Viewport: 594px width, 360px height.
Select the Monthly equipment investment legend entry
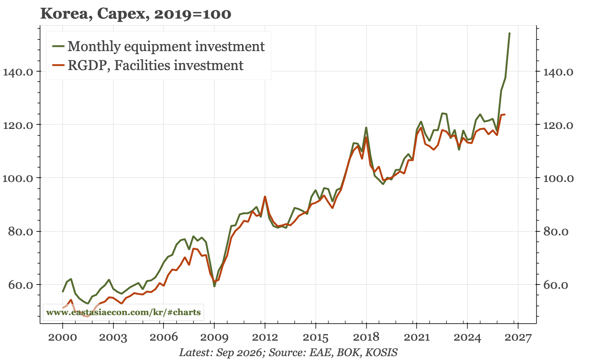pos(159,46)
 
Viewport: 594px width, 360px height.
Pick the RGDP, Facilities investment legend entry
pos(148,65)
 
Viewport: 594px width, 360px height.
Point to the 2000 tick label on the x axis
pos(63,338)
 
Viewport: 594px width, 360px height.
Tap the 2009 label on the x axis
pos(214,338)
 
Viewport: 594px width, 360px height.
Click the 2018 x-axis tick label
pos(366,338)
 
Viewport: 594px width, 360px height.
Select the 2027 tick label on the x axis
pos(518,338)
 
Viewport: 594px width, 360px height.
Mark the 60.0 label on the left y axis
pos(21,285)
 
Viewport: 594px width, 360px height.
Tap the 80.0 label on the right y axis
pos(556,232)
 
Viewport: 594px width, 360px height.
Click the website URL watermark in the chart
pos(123,312)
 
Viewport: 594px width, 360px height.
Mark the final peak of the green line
pos(510,33)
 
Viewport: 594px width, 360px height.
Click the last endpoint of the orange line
pos(505,115)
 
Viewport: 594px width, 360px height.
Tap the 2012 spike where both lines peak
pos(264,197)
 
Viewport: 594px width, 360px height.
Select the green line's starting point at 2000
pos(63,291)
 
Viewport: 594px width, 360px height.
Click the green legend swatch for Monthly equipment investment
pos(58,46)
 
